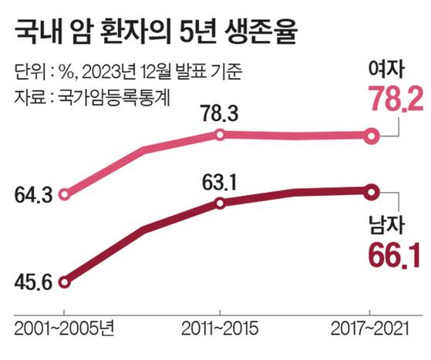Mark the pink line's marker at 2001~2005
pos(65,194)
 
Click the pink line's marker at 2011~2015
pos(220,135)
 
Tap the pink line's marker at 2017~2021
pos(371,136)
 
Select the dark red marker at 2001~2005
pos(65,282)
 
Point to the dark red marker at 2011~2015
pos(220,204)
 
